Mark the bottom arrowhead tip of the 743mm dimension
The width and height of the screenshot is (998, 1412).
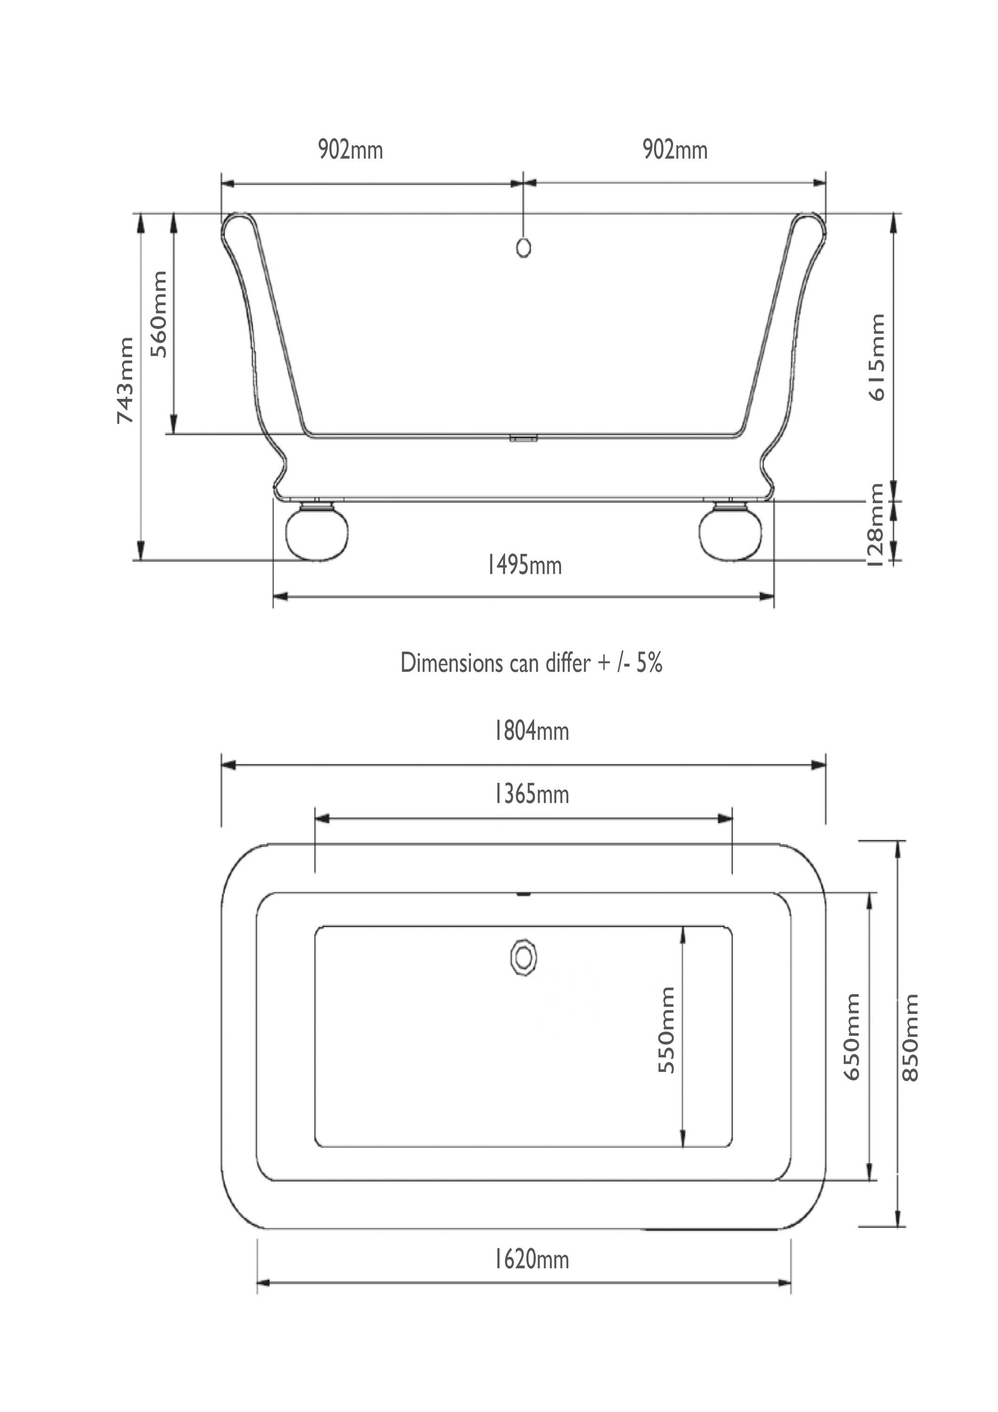click(141, 560)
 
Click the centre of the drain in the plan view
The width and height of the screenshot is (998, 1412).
click(523, 957)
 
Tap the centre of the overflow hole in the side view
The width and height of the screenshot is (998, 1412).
click(523, 247)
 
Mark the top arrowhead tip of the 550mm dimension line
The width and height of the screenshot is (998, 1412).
click(683, 927)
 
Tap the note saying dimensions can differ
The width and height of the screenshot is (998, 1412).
click(531, 663)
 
